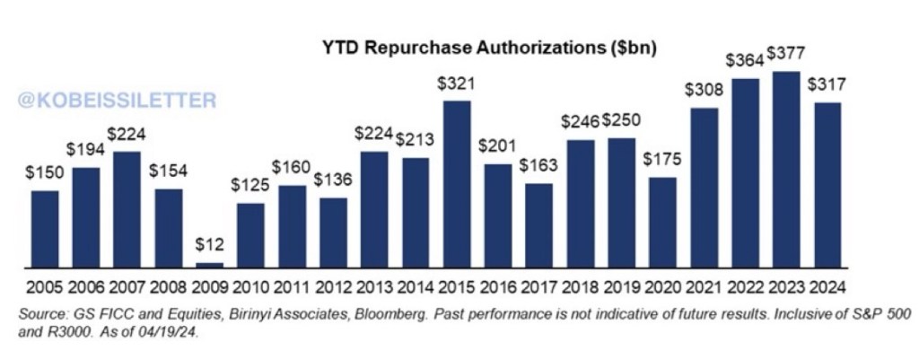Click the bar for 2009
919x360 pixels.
209,265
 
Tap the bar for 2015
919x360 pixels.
457,184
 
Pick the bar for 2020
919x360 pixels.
662,223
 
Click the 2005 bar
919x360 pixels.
45,229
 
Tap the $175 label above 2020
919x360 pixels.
662,162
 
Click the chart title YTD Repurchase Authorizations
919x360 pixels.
489,49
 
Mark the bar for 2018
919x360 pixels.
581,204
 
